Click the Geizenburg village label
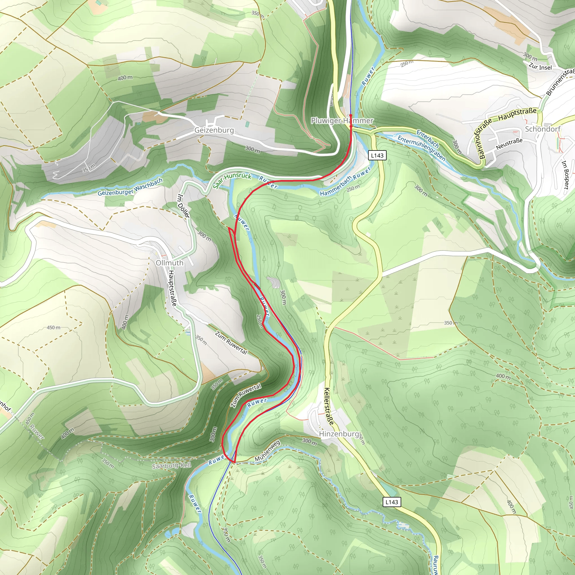[214, 130]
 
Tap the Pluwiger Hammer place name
[342, 120]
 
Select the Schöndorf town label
[542, 129]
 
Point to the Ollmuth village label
[170, 263]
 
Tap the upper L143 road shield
[377, 155]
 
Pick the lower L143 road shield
[392, 502]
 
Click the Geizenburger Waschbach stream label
[130, 187]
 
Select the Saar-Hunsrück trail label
[232, 180]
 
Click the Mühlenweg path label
[267, 451]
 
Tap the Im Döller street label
[183, 206]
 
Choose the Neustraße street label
[509, 144]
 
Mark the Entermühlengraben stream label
[421, 148]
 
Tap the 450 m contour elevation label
[54, 327]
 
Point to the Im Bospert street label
[565, 175]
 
